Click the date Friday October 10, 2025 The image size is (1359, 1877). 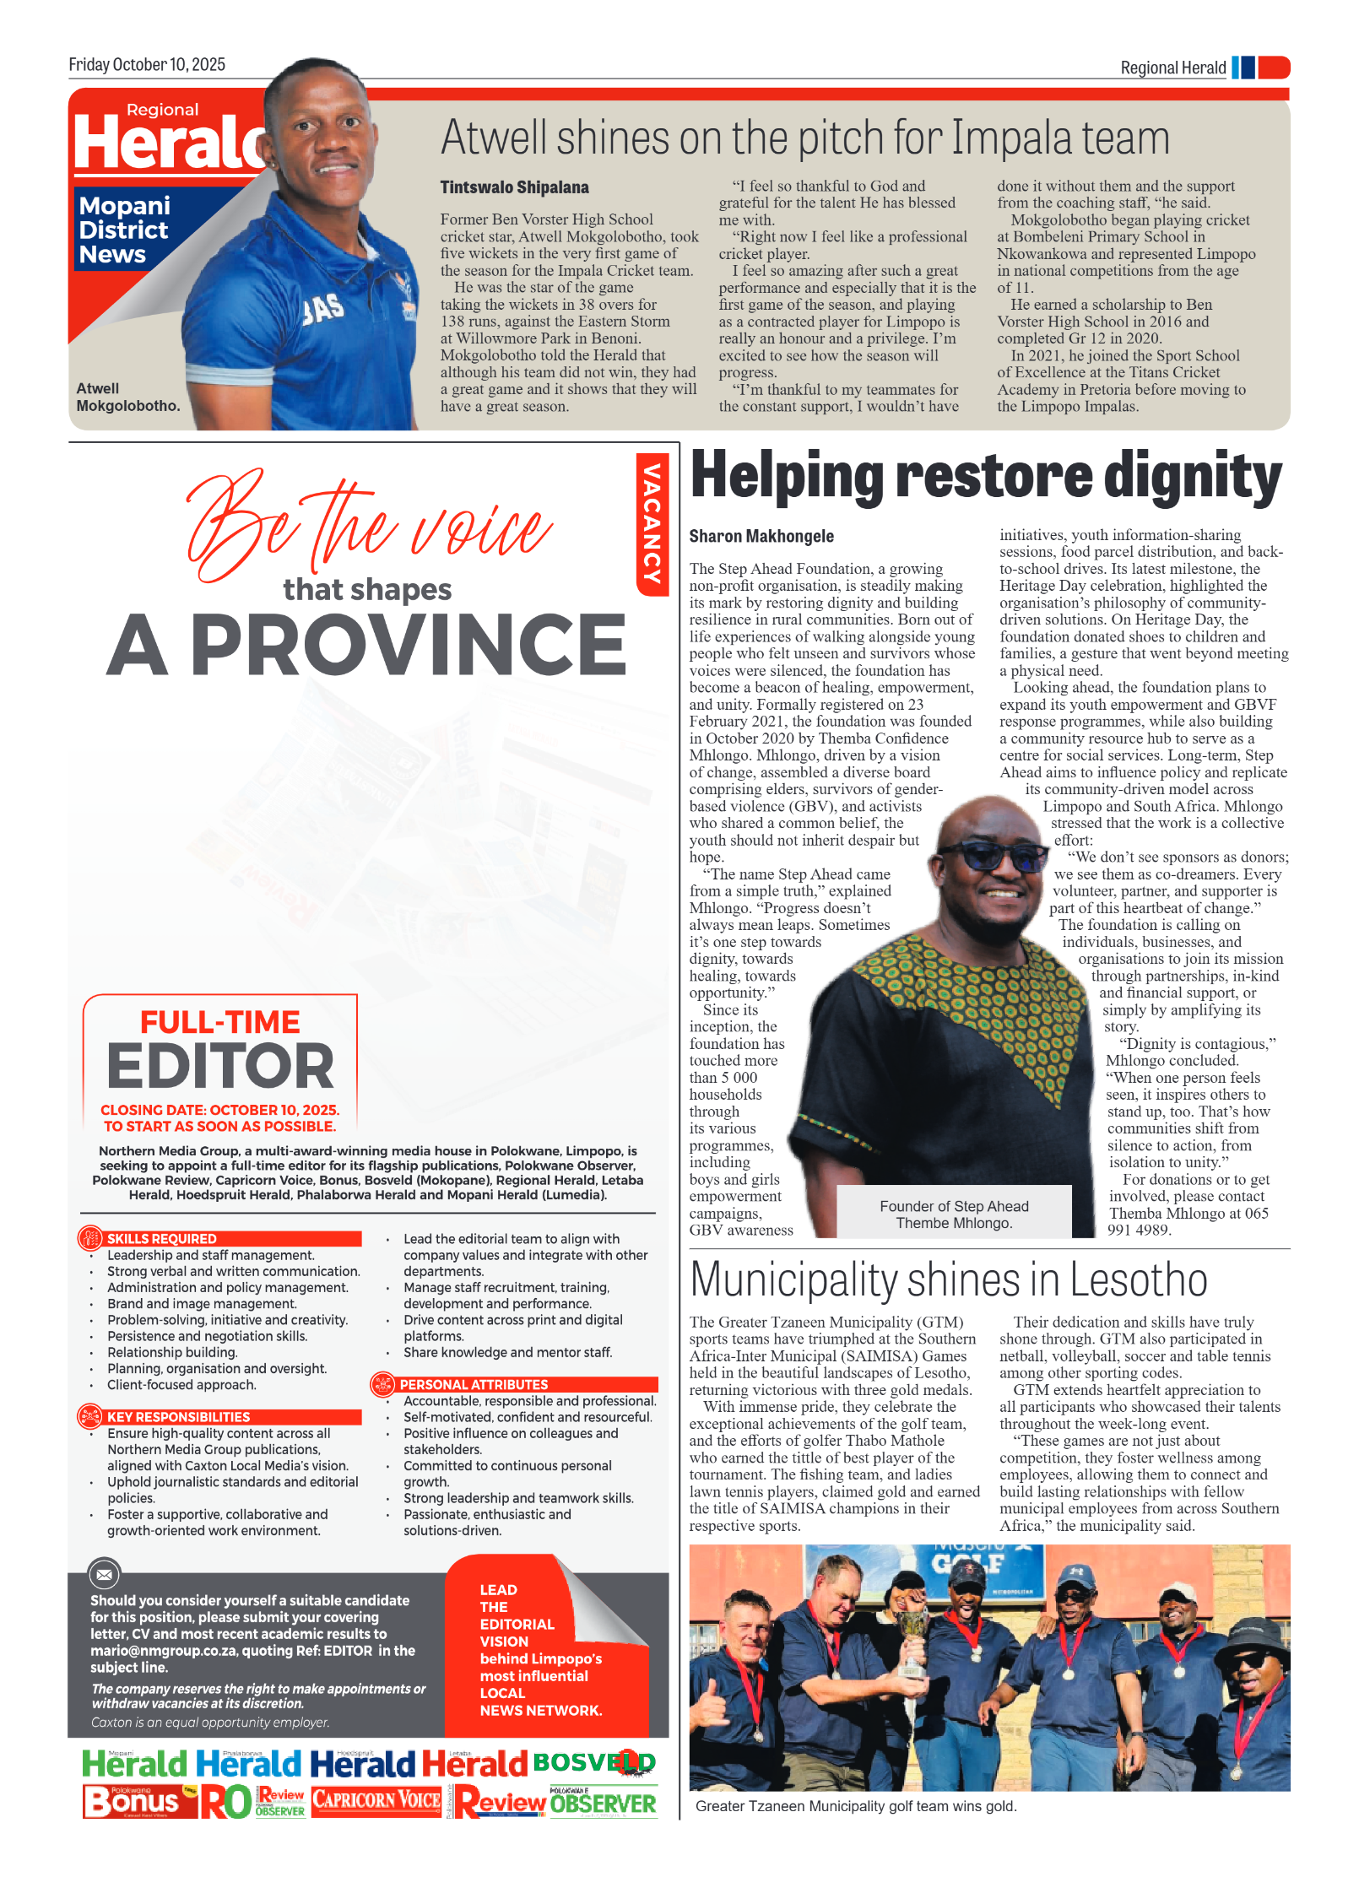click(x=147, y=65)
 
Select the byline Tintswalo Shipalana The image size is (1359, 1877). click(x=514, y=187)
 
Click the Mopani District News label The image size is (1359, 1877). click(x=125, y=230)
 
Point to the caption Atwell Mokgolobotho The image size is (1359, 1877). click(x=127, y=398)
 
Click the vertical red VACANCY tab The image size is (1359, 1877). click(x=652, y=522)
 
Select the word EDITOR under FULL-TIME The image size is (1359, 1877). click(x=220, y=1066)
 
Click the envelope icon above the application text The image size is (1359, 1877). click(x=105, y=1574)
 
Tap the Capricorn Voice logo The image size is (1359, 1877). click(x=376, y=1800)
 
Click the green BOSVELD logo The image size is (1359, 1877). click(x=593, y=1762)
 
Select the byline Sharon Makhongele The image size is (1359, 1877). click(x=761, y=536)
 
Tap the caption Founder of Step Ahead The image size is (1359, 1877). click(x=954, y=1207)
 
